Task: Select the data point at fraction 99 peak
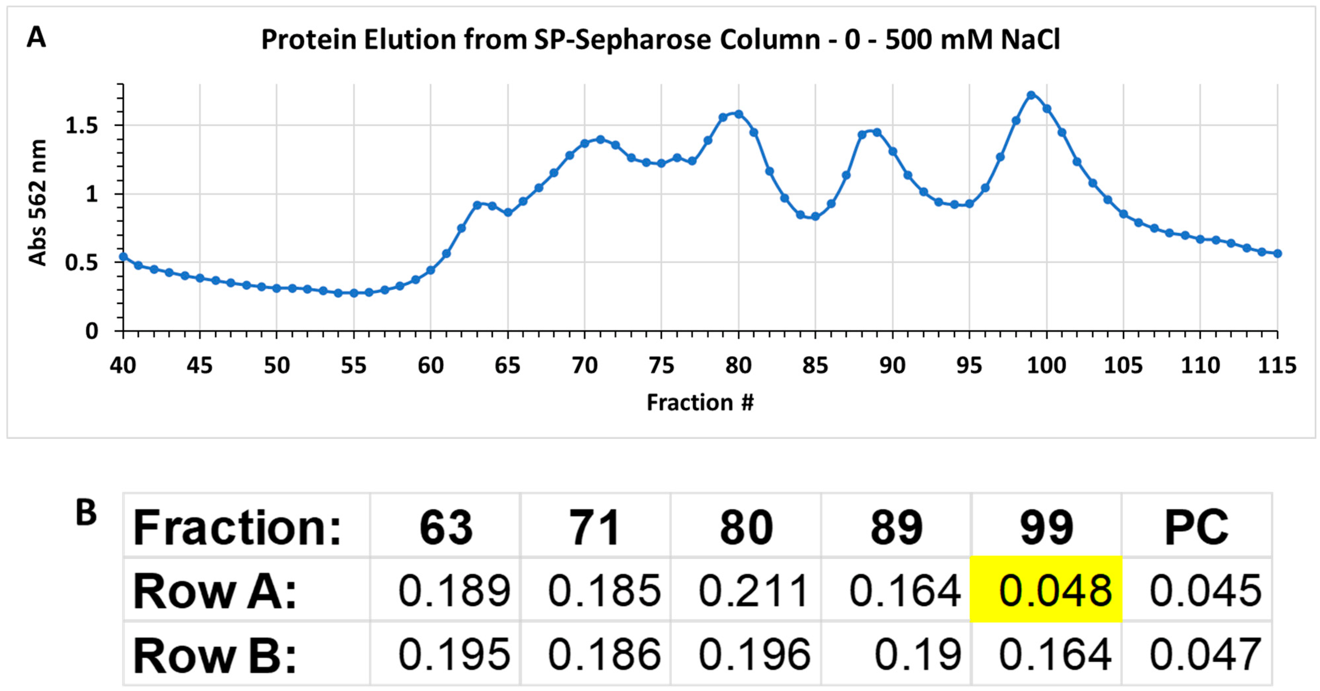[x=1031, y=95]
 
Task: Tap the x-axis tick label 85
[x=815, y=366]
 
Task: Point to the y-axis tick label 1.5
[x=82, y=126]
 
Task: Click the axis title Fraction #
[x=700, y=402]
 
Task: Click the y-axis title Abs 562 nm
[x=37, y=202]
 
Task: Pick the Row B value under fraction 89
[x=917, y=654]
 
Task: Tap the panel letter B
[x=86, y=513]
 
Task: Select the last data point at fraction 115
[x=1277, y=253]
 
